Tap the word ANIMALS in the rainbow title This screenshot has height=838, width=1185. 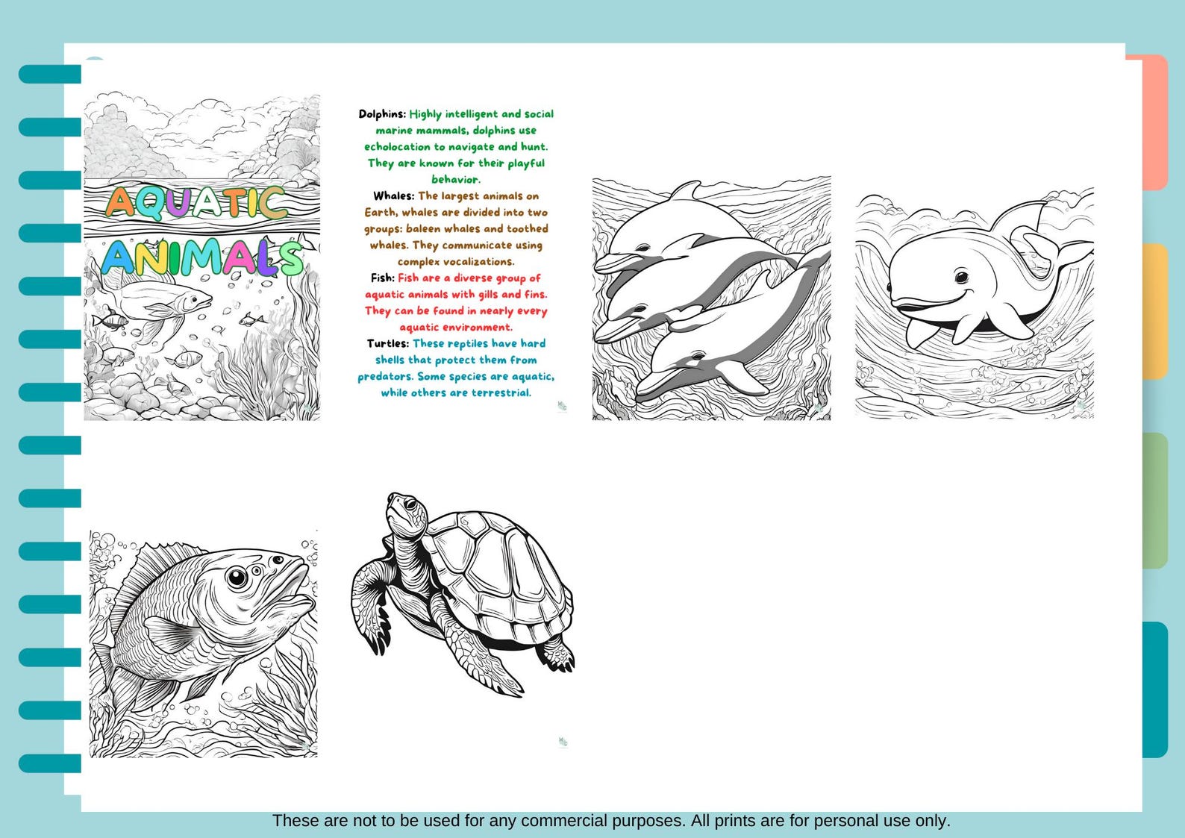201,257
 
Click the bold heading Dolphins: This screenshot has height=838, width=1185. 382,114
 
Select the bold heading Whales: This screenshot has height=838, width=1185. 393,196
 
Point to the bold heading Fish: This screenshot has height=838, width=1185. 382,278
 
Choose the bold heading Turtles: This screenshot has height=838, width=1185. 387,344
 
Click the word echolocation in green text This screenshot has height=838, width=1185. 397,147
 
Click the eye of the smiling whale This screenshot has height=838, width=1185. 962,277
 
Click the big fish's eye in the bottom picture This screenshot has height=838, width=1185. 237,577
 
